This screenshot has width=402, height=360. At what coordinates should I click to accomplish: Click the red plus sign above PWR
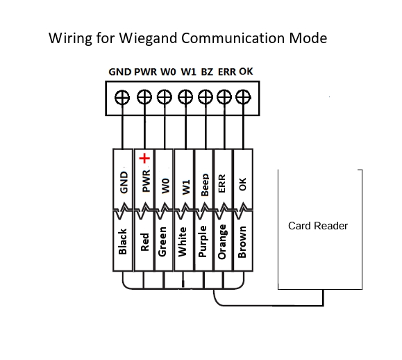144,158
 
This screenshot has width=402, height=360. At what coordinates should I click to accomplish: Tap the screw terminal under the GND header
122,97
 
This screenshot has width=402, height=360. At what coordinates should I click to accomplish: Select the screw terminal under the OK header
243,97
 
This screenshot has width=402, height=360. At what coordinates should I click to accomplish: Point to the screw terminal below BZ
206,97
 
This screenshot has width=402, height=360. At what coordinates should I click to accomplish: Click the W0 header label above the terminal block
168,72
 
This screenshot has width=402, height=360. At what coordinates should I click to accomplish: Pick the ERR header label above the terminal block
227,72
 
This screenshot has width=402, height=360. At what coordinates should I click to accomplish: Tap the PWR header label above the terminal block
145,72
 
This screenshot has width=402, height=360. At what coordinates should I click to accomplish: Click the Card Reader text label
318,226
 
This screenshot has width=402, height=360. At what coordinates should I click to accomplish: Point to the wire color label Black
123,241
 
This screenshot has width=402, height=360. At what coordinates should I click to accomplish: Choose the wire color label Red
145,242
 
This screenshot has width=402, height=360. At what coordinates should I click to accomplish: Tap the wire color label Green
162,241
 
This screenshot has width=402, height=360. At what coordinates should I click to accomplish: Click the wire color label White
183,242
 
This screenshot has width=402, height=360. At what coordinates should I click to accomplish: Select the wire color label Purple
203,241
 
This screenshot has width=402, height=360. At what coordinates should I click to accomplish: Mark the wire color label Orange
221,242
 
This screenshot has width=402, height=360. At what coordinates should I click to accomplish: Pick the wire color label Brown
242,242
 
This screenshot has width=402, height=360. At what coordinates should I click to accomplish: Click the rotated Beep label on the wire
205,185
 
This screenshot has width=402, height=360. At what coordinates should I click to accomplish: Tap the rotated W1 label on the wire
186,187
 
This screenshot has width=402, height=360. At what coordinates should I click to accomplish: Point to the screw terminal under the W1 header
185,97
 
